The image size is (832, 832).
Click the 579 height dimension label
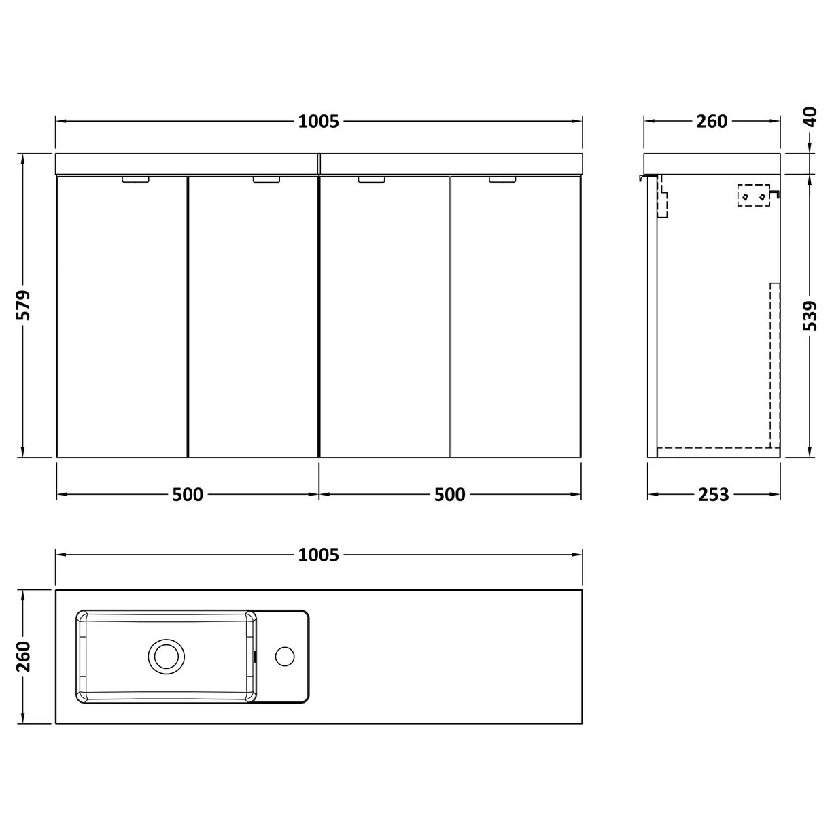24,306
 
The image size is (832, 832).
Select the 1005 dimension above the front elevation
318,122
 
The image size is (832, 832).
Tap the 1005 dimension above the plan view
318,555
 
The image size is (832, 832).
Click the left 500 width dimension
188,495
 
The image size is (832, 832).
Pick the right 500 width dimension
449,495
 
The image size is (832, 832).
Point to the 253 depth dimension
712,495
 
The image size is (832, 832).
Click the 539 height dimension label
810,316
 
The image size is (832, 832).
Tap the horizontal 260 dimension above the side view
712,122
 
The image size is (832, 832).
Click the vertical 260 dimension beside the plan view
24,657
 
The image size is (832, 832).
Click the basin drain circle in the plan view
166,657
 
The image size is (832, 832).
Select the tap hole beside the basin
284,657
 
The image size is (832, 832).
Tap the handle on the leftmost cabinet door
135,180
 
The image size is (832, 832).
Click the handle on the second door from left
266,180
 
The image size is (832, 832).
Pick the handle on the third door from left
371,180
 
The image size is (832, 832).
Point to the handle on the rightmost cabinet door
502,180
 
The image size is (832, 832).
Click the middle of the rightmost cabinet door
515,316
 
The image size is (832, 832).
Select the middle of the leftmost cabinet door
122,316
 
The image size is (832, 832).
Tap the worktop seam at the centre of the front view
319,164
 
